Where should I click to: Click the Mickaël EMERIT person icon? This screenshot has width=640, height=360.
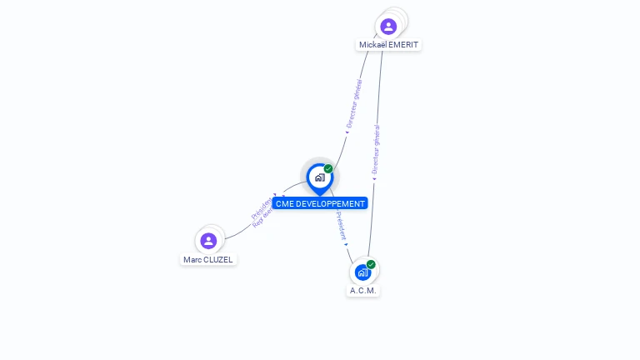click(x=388, y=26)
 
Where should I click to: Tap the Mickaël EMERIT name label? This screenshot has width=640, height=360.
click(x=389, y=45)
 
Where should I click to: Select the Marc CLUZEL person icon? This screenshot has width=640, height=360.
click(x=208, y=241)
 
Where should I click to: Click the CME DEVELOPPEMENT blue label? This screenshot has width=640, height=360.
click(x=320, y=203)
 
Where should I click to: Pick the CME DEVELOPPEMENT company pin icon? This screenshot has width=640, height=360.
click(x=319, y=177)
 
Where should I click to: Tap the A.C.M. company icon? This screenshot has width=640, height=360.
click(x=362, y=272)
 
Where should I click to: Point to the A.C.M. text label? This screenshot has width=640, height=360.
click(x=363, y=291)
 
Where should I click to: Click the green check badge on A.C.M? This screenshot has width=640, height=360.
click(x=371, y=264)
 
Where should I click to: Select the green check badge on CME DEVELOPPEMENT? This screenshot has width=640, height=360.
click(x=328, y=169)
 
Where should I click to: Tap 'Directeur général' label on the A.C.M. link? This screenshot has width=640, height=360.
click(x=376, y=150)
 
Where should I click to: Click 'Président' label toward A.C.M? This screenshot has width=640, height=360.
click(x=341, y=226)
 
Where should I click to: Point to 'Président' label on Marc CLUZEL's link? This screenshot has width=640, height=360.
click(x=260, y=207)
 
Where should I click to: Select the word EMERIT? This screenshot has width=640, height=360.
click(x=403, y=45)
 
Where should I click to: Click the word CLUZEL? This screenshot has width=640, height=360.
click(x=218, y=259)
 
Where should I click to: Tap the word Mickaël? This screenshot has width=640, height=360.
click(x=373, y=45)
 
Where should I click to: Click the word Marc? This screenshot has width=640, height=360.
click(x=192, y=259)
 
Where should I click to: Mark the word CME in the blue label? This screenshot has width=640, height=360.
click(x=284, y=203)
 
